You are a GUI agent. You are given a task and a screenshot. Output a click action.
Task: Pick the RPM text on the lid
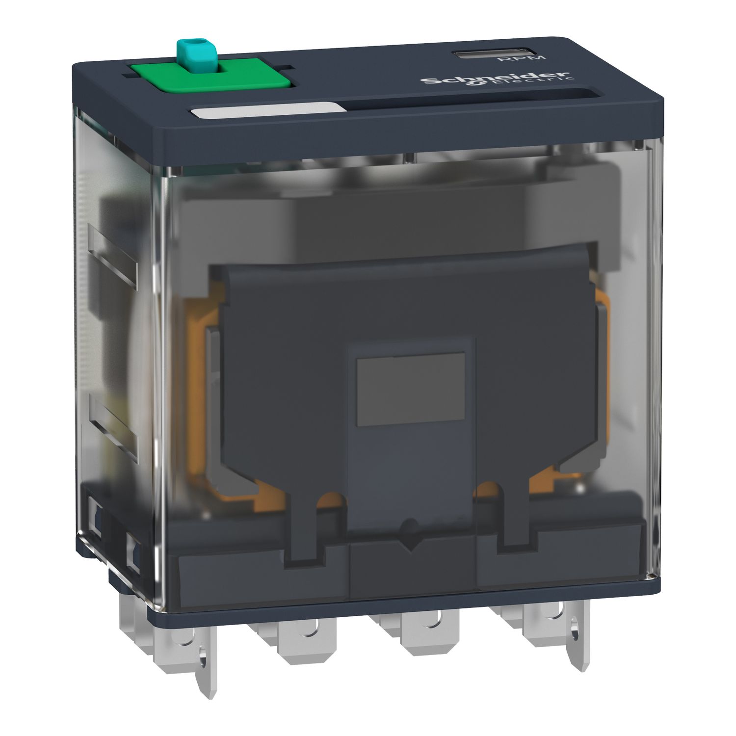point(515,58)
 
